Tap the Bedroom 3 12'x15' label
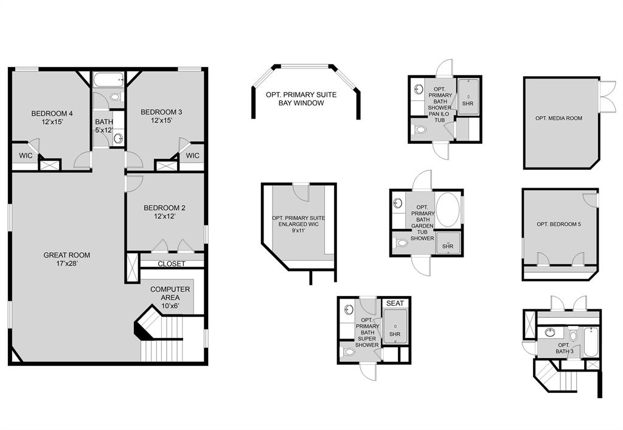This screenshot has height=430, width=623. [x=161, y=116]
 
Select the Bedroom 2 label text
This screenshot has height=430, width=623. [x=164, y=212]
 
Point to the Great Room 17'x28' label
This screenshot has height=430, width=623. [x=66, y=259]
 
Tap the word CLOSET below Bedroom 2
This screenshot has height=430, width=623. [x=172, y=264]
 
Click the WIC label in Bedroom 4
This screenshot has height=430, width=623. [x=26, y=156]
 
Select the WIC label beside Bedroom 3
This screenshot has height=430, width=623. [x=192, y=156]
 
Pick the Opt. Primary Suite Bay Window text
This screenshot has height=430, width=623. [x=301, y=99]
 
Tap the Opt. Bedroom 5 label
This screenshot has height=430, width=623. [x=559, y=225]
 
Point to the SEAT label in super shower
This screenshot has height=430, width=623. [x=394, y=303]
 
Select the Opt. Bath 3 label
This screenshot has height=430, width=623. [x=563, y=348]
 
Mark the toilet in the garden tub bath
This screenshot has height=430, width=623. [x=401, y=244]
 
